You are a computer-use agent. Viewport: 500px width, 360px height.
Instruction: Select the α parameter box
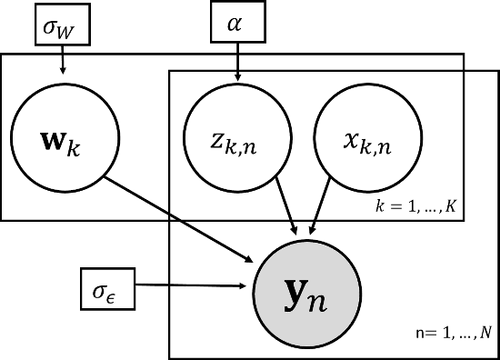click(238, 25)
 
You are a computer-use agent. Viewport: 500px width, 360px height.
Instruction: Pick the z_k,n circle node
click(238, 140)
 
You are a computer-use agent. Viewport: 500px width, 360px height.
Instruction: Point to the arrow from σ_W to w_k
click(63, 60)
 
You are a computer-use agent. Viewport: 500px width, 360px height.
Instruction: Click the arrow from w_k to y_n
click(183, 218)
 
